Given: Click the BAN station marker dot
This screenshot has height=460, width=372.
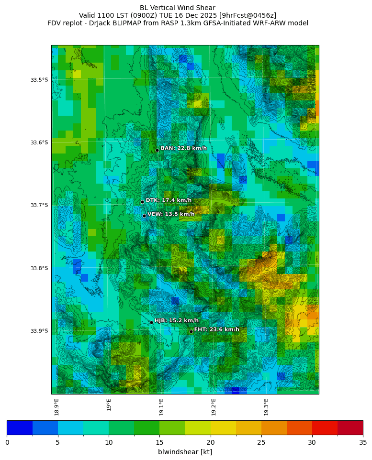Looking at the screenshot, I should click(157, 150).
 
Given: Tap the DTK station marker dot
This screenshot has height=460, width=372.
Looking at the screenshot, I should click(142, 202).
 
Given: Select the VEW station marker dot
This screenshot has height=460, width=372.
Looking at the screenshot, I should click(144, 216).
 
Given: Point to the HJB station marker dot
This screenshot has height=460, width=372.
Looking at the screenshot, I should click(151, 322).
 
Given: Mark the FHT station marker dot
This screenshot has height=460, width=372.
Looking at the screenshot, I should click(191, 331).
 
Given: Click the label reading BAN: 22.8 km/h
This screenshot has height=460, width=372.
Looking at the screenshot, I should click(183, 148).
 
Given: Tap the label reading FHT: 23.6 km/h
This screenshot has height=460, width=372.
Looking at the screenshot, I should click(216, 329).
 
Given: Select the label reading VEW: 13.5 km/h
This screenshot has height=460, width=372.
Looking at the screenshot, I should click(171, 214).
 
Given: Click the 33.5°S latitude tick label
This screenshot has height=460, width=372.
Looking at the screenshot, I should click(39, 80).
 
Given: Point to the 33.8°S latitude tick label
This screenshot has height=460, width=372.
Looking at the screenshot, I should click(39, 268).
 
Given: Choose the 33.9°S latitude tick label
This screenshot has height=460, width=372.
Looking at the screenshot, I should click(39, 331).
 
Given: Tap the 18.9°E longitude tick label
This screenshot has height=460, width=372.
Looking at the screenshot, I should click(56, 407).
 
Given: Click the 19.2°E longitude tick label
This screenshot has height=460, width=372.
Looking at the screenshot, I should click(214, 407).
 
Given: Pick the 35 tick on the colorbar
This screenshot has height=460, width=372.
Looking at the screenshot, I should click(362, 442).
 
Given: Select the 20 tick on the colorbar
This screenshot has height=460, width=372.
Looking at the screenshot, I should click(210, 442).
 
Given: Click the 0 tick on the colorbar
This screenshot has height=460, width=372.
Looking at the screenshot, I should click(7, 442).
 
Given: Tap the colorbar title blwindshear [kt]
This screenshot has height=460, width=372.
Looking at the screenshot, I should click(185, 452).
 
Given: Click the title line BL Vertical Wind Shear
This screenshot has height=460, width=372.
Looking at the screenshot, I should click(178, 8).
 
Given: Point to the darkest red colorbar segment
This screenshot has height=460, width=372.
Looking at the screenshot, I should click(350, 427).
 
